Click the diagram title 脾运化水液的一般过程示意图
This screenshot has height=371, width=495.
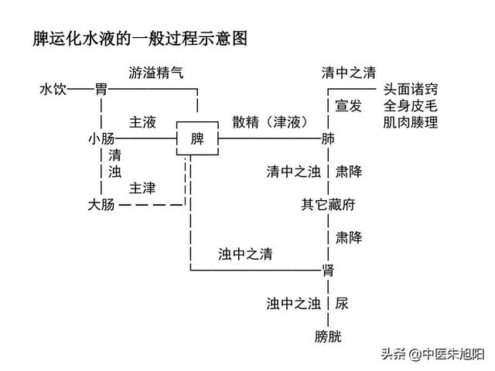(x=140, y=39)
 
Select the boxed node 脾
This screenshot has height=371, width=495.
(x=196, y=139)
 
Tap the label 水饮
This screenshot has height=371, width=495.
(x=53, y=90)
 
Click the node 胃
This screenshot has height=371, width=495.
(x=101, y=90)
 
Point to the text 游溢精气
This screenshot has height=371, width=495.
(x=155, y=73)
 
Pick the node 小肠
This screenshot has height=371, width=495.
(x=101, y=139)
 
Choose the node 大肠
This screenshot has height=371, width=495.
(x=101, y=205)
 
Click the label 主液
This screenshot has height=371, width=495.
(x=142, y=122)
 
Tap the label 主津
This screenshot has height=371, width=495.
(x=142, y=188)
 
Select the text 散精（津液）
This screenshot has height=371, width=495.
(x=270, y=122)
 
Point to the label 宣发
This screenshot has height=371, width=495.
(x=348, y=106)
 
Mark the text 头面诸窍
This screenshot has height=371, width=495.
(x=410, y=90)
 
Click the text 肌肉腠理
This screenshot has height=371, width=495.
(x=410, y=122)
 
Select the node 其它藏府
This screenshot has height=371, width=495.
(x=328, y=205)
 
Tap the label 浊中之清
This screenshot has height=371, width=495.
(x=245, y=254)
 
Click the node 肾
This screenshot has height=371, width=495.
(x=328, y=270)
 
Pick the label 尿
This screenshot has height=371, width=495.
(x=342, y=303)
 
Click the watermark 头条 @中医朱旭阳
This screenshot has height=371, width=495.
(x=431, y=354)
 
